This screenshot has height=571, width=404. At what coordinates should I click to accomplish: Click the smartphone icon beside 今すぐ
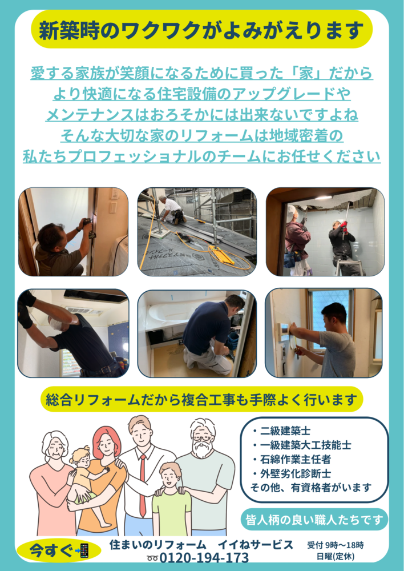point(84,551)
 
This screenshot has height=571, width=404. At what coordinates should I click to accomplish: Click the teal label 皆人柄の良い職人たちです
point(314,519)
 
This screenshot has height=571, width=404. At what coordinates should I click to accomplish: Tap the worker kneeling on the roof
point(172,210)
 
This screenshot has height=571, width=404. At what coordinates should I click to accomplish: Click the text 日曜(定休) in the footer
point(335,556)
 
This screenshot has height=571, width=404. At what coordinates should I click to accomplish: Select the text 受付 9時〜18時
point(335,545)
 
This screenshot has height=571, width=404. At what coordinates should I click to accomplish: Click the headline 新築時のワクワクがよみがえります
point(201,30)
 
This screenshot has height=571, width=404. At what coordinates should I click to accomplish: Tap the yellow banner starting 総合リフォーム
point(201,400)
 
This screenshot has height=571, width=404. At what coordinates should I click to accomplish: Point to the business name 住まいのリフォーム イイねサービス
point(201,544)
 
